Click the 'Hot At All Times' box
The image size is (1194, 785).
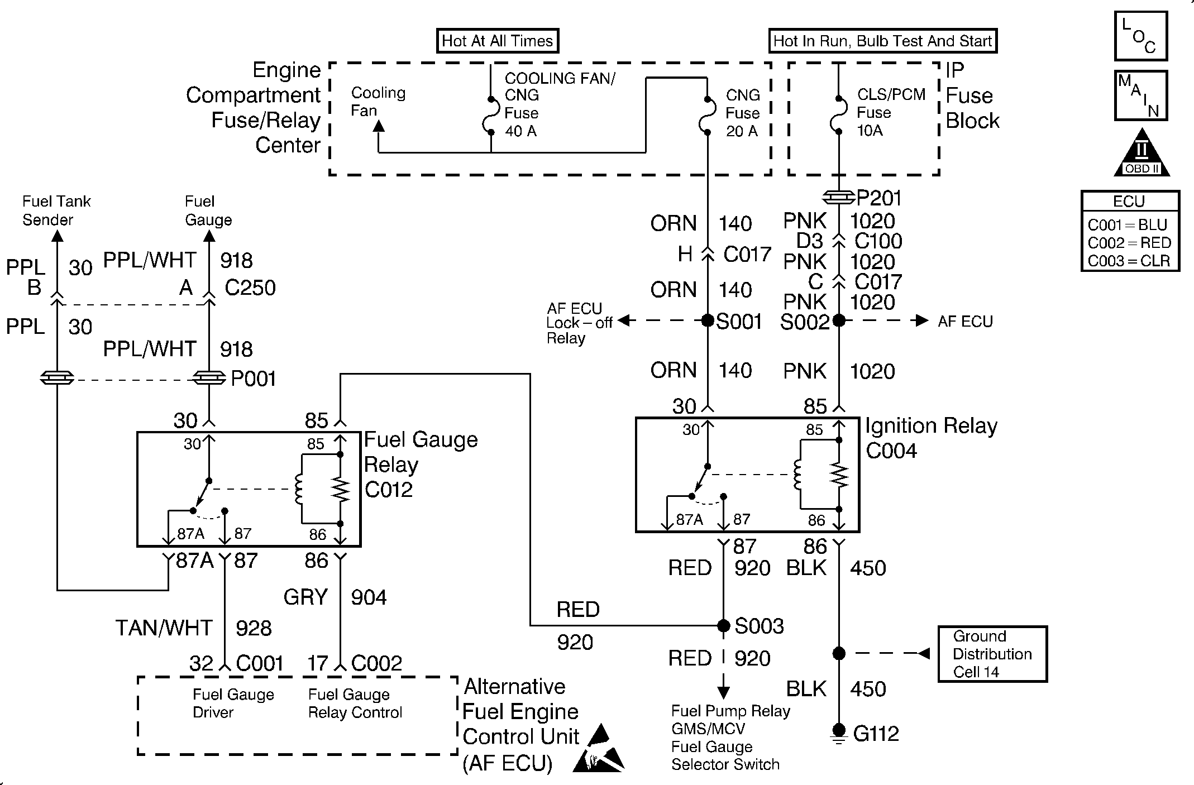pyautogui.click(x=497, y=41)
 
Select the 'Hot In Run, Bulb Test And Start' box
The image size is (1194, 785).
pyautogui.click(x=882, y=41)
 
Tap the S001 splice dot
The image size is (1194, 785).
pyautogui.click(x=708, y=320)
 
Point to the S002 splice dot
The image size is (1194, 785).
pyautogui.click(x=839, y=320)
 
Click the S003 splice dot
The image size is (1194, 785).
pyautogui.click(x=724, y=625)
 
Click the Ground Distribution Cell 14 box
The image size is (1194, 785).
pyautogui.click(x=992, y=654)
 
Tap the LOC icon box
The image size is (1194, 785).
pyautogui.click(x=1140, y=36)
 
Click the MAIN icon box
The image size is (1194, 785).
pyautogui.click(x=1140, y=95)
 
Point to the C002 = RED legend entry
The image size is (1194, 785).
pyautogui.click(x=1129, y=243)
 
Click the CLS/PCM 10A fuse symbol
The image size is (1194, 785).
pyautogui.click(x=839, y=116)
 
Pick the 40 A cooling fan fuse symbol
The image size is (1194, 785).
pyautogui.click(x=491, y=116)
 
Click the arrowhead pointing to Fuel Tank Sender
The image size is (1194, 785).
pyautogui.click(x=57, y=237)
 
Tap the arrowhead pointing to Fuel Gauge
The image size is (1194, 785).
pyautogui.click(x=209, y=237)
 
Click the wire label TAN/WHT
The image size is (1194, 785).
pyautogui.click(x=164, y=628)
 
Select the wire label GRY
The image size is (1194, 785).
pyautogui.click(x=305, y=597)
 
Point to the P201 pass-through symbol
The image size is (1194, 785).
pyautogui.click(x=839, y=197)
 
